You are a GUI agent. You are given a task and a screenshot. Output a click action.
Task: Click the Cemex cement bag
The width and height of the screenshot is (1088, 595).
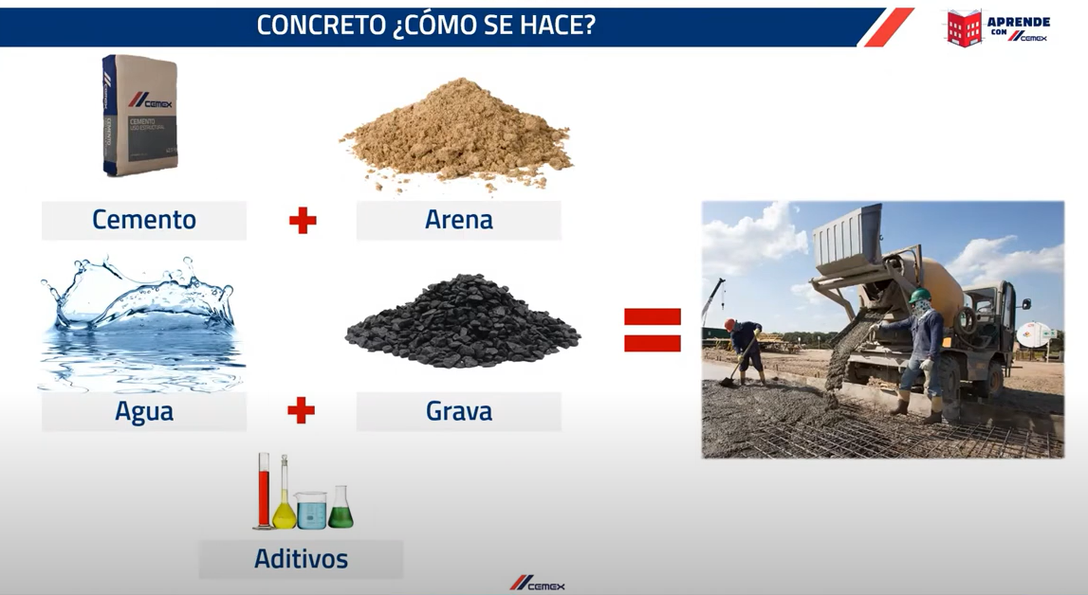(x=140, y=116)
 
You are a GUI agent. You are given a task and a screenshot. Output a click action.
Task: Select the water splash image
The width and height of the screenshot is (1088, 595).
(x=140, y=322)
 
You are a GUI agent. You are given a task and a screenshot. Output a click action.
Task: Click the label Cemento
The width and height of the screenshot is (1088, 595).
(x=144, y=220)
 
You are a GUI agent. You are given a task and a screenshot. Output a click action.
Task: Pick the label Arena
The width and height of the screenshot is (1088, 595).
(x=459, y=220)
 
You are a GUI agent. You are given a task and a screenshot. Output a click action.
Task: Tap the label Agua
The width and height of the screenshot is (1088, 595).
(x=144, y=411)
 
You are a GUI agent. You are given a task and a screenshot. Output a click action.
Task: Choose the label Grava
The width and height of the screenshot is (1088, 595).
(x=459, y=411)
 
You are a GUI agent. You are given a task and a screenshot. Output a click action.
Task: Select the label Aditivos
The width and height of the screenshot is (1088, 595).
(x=301, y=559)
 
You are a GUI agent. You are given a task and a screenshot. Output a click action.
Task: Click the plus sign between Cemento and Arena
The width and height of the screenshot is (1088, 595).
(x=303, y=221)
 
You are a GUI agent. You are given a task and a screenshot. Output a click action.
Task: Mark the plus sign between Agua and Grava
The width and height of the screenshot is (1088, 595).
(x=301, y=410)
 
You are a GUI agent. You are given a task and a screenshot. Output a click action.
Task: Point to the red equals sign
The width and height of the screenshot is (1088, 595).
(x=653, y=330)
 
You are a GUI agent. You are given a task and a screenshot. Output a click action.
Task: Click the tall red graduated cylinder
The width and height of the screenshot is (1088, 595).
(x=263, y=491)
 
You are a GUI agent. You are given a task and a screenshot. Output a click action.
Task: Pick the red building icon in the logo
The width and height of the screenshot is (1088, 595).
(x=964, y=27)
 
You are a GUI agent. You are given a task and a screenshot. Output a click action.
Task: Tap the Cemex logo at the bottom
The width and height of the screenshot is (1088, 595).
(x=537, y=584)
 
